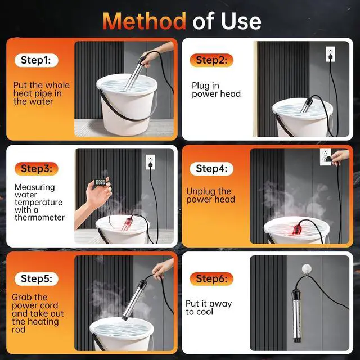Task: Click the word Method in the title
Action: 144,21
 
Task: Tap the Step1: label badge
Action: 36,60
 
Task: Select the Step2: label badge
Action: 211,60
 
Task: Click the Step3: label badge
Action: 36,169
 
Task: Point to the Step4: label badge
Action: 211,169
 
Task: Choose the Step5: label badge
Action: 36,279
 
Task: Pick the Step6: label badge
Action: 211,279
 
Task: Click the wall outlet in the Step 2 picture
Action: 330,54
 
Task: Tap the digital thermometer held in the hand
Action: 100,182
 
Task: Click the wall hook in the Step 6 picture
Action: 307,269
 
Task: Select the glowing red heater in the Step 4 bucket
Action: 298,229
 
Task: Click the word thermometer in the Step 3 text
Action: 39,218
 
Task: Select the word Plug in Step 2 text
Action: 201,86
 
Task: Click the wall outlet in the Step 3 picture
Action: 150,162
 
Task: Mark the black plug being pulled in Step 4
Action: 328,159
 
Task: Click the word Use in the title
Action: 241,21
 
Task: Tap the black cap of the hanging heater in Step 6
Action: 296,295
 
